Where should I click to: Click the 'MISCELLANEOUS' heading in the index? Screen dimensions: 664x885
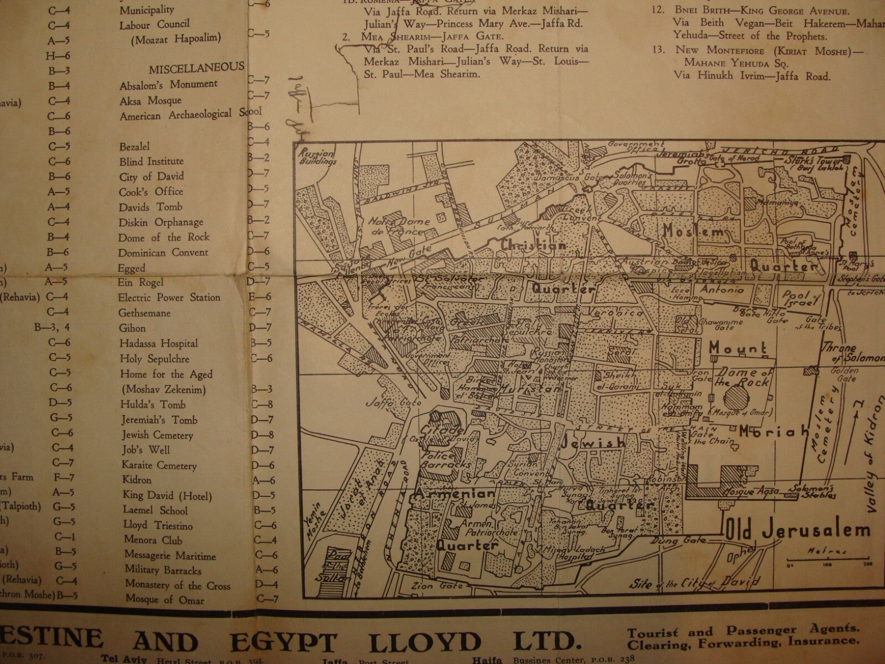(x=196, y=68)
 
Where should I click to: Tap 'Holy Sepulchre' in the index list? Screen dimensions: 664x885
(x=154, y=359)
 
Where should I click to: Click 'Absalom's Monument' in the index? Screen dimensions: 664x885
(x=168, y=85)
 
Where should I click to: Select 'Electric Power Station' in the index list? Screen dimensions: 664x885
(x=169, y=298)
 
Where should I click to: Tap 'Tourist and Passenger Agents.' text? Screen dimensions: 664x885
(x=743, y=630)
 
